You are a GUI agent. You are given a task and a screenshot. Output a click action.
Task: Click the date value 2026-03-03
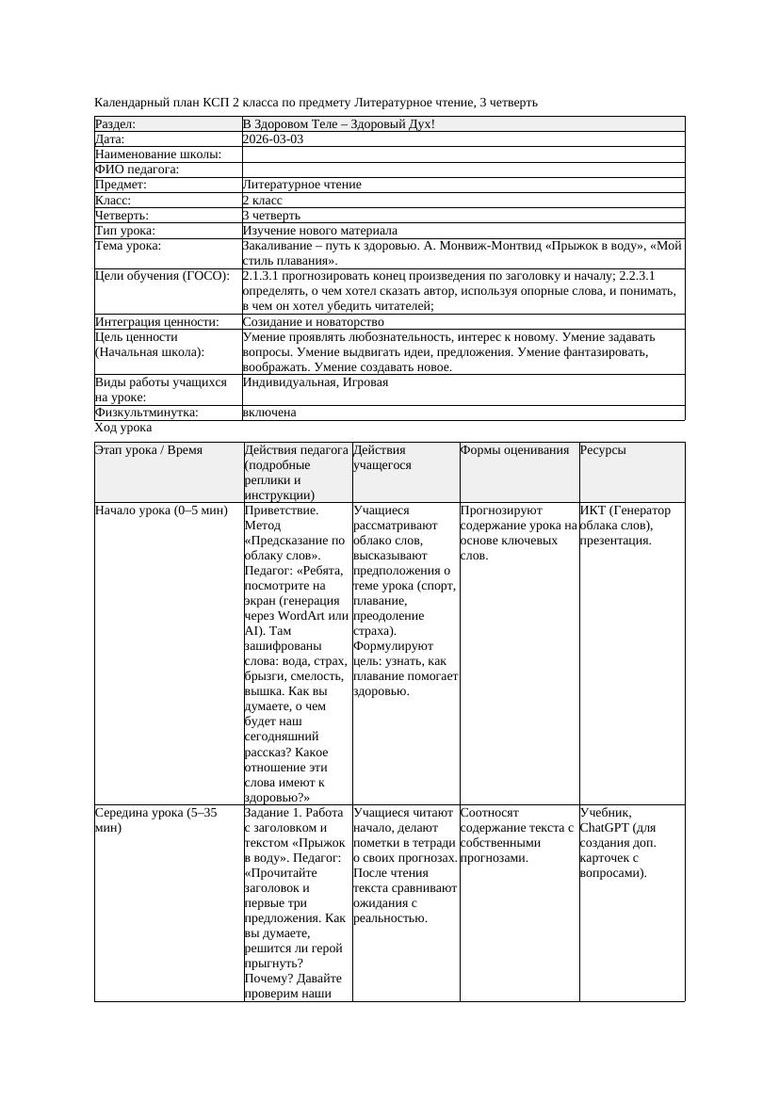coord(273,138)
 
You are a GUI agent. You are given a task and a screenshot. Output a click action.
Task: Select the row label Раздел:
coord(116,123)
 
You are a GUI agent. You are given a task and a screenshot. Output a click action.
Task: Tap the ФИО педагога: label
coord(138,170)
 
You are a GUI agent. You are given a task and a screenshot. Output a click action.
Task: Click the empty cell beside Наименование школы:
coord(463,154)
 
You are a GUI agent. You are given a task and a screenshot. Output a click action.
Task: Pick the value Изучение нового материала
coord(319,231)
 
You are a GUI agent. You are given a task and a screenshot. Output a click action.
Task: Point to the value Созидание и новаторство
coord(313,322)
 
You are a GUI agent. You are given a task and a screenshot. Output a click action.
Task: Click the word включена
coord(269,413)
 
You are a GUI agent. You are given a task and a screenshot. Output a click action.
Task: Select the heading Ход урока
coord(123,428)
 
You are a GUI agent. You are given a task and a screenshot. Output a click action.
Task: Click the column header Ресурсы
coord(603,450)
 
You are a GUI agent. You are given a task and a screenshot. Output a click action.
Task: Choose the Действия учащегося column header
coord(381,458)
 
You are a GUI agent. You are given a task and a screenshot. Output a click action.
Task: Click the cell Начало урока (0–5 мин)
coord(161,510)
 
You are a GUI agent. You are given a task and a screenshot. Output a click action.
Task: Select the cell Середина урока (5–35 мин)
coord(156,819)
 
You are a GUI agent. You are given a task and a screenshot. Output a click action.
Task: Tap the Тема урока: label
coord(128,246)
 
